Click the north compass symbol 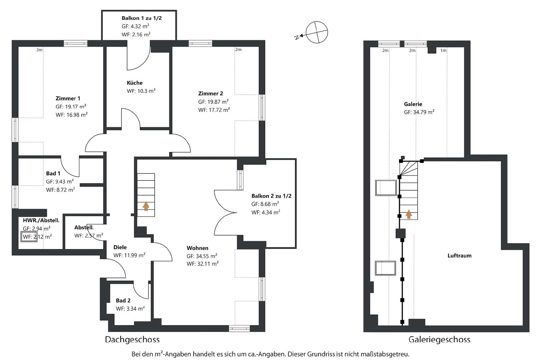(x=317, y=32)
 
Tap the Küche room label (x=135, y=83)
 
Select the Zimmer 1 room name (x=68, y=98)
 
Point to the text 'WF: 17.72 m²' (x=214, y=110)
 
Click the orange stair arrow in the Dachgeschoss (x=146, y=206)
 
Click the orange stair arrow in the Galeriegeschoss (x=408, y=214)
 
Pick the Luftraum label (x=459, y=256)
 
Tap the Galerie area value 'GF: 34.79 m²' (x=419, y=112)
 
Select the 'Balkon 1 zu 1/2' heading (x=142, y=18)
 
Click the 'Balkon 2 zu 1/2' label (x=271, y=196)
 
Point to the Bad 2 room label (x=123, y=300)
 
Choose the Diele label (x=120, y=247)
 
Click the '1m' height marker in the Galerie (x=443, y=50)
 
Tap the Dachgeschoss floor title (x=132, y=339)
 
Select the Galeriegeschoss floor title (x=439, y=339)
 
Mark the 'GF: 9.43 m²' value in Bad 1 (x=60, y=182)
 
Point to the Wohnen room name (x=197, y=248)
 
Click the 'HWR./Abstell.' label (x=41, y=220)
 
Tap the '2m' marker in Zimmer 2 (x=238, y=49)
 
